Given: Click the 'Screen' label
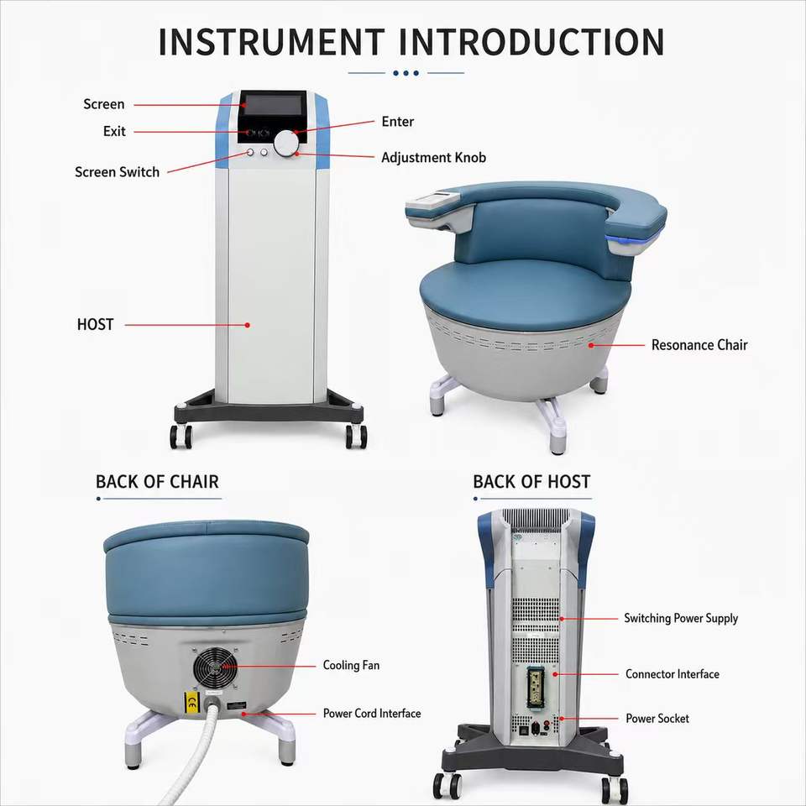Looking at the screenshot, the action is (104, 104).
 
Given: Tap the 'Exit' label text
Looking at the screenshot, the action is (114, 131).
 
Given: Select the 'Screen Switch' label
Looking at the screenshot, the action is (118, 171).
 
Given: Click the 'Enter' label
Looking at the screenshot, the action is (397, 121).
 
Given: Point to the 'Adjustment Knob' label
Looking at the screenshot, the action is (433, 157).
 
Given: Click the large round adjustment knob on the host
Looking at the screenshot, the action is (285, 144).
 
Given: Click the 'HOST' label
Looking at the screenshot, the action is (95, 324).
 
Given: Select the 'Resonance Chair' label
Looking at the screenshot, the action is (699, 345).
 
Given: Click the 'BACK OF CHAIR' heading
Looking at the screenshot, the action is (157, 482).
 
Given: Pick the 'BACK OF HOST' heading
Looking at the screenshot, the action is (531, 482).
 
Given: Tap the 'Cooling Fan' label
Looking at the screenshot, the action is (351, 665).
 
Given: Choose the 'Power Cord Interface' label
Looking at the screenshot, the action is (372, 713).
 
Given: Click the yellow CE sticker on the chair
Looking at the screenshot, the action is (192, 703).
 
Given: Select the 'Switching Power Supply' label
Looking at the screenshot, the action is (681, 619).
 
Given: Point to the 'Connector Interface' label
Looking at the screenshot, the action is (672, 674).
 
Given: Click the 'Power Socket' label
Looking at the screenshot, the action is (657, 718).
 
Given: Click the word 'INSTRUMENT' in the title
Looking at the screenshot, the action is (271, 42).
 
